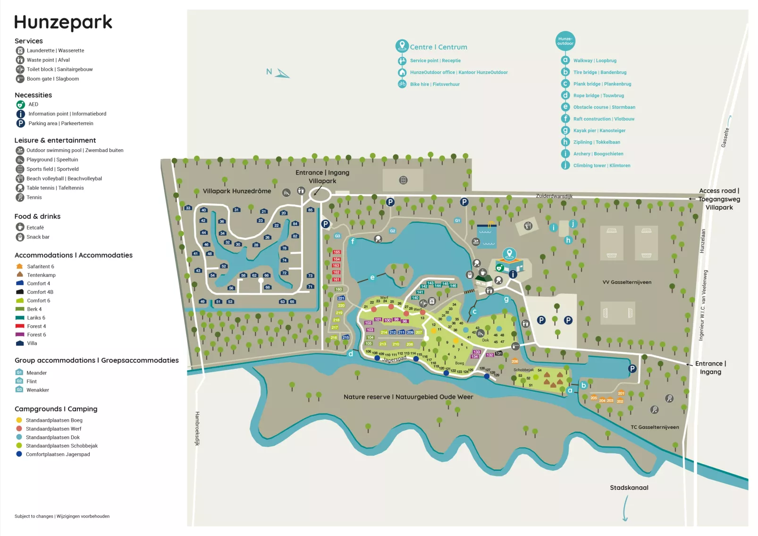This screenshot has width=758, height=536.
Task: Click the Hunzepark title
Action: [x=63, y=22]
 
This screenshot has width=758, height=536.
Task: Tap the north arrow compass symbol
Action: [x=282, y=73]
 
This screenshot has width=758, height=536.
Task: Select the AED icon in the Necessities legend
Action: [x=20, y=104]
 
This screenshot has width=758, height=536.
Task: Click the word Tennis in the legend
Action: [x=34, y=197]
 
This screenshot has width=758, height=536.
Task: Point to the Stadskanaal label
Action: [x=629, y=487]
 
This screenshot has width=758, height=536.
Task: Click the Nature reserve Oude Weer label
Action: [x=408, y=397]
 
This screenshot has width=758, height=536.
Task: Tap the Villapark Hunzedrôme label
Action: [x=237, y=191]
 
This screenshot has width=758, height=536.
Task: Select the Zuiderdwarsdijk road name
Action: [x=554, y=196]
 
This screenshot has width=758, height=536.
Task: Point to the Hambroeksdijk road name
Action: [x=198, y=428]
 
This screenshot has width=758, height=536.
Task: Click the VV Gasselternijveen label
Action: [x=627, y=282]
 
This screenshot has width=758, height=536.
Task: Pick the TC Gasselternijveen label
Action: [x=655, y=427]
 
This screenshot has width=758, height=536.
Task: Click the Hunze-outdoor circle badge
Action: [x=565, y=41]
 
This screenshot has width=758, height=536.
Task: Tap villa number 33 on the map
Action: [x=188, y=208]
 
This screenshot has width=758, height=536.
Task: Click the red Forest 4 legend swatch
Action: [x=20, y=326]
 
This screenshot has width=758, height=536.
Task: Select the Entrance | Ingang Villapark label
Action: [x=322, y=177]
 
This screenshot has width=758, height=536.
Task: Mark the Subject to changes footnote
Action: [x=62, y=516]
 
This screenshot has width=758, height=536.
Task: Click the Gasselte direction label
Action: [x=725, y=137]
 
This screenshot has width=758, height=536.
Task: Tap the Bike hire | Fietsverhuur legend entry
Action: [x=434, y=85]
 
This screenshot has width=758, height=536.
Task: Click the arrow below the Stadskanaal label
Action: [x=625, y=509]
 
